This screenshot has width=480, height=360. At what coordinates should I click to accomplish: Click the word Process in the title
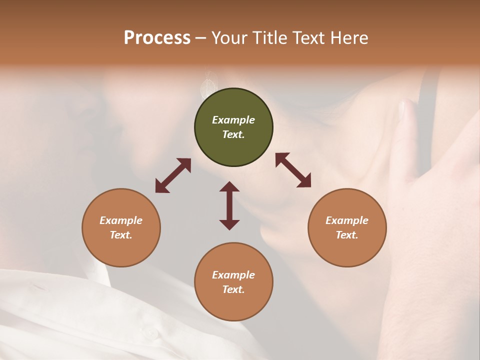coord(157,38)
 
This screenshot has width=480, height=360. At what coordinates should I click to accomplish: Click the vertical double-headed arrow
coord(229,205)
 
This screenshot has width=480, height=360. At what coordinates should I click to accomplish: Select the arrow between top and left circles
coord(173,175)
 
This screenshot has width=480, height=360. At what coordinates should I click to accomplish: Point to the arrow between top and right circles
coord(293,170)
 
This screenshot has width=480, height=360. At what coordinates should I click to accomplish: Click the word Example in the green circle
coord(233,120)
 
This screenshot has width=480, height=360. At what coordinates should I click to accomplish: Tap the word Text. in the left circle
coord(121,235)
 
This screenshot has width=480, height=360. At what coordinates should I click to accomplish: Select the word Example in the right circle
coord(347,220)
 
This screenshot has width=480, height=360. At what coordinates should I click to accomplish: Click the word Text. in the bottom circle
coord(233,289)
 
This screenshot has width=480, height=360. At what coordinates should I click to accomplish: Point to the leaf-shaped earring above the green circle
coord(206,85)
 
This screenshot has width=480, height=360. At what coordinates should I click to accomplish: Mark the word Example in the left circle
coord(121,220)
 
